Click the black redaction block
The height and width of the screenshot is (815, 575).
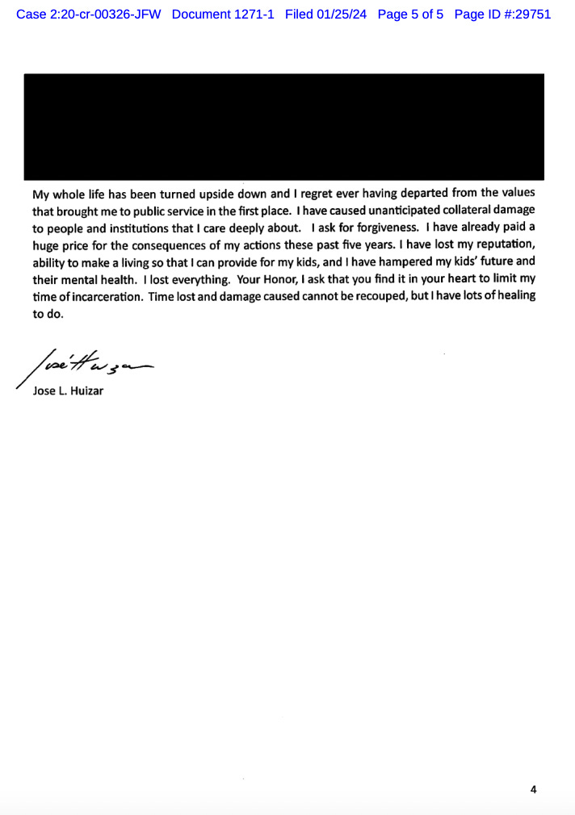[x=283, y=126]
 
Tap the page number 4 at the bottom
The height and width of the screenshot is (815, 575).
[x=533, y=789]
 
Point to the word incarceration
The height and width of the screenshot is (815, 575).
[x=101, y=295]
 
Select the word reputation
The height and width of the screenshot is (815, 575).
[x=501, y=245]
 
